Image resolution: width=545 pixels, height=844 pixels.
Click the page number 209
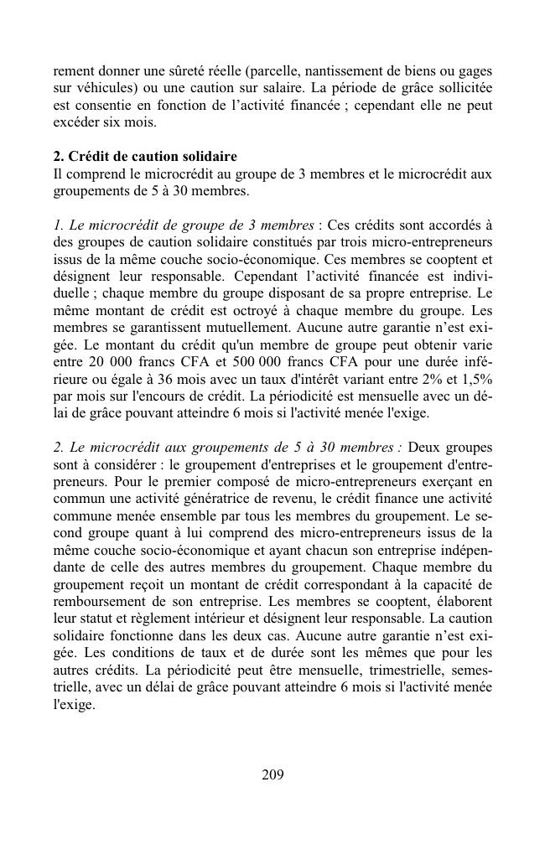[272, 774]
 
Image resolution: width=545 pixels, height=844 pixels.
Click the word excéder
[76, 122]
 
